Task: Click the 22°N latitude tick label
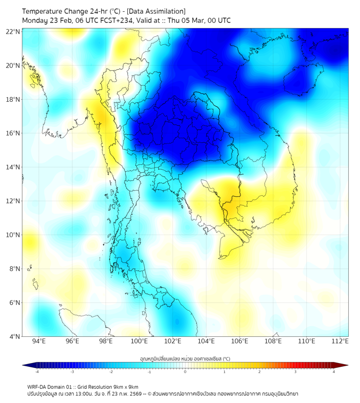[13, 32]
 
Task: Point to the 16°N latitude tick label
[13, 133]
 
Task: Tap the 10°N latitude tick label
[13, 235]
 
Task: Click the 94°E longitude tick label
[39, 341]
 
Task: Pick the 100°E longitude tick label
[139, 341]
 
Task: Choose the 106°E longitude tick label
[240, 341]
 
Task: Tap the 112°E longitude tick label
[340, 341]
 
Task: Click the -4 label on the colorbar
[36, 372]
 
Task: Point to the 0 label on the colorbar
[185, 372]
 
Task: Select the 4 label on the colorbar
[334, 372]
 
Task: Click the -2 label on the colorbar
[110, 372]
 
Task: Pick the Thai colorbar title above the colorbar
[185, 359]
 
